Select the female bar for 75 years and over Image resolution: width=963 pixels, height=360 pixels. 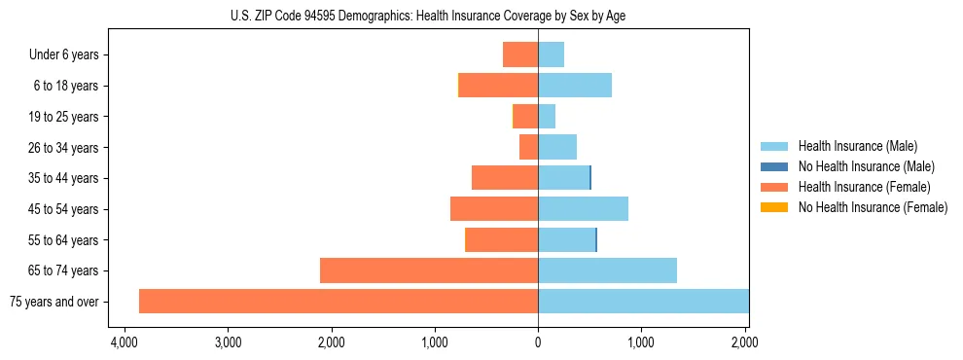[339, 301]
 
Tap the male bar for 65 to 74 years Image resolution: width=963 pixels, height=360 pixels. [607, 270]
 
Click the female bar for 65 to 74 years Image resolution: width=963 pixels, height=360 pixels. [429, 270]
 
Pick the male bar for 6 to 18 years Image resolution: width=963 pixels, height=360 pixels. [575, 86]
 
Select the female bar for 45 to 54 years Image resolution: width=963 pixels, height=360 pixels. [494, 209]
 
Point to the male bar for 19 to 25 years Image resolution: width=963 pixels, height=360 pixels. [547, 117]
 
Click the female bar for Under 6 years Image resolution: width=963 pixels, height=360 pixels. [520, 54]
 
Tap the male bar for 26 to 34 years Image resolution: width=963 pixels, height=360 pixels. [557, 147]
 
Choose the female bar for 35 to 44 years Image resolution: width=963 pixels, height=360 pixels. [505, 178]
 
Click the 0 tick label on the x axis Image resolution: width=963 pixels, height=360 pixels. [538, 342]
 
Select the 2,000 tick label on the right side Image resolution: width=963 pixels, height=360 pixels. [744, 342]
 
